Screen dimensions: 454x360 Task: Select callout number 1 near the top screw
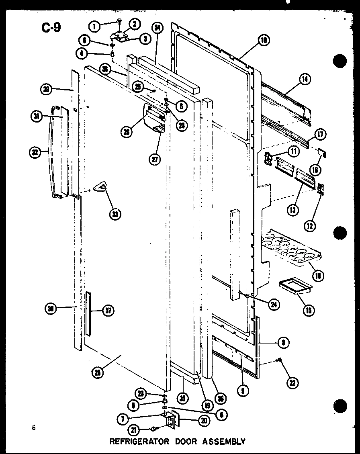[95, 27]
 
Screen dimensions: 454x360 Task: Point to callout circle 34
[157, 27]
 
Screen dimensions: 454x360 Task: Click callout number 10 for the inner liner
[264, 40]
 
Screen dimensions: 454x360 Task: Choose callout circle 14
[305, 80]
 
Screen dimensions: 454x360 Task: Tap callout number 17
[321, 134]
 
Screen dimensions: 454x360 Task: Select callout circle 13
[294, 210]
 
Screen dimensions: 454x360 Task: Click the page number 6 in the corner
[35, 428]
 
